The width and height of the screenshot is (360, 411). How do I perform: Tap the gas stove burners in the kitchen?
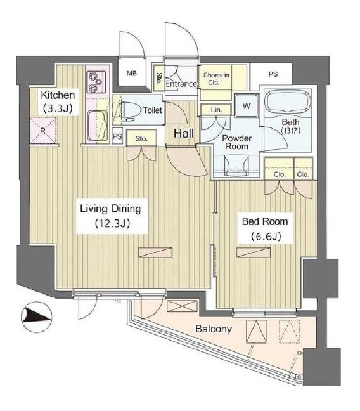[96, 82]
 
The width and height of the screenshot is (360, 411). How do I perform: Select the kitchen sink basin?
[98, 126]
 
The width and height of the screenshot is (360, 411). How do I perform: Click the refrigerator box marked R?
[43, 131]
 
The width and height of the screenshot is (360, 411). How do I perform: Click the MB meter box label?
[132, 74]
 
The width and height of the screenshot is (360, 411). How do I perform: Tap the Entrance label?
[181, 84]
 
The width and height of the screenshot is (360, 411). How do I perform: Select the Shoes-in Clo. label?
[216, 79]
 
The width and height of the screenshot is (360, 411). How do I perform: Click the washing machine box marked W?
[247, 106]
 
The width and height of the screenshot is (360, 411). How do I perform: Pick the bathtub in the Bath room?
[287, 101]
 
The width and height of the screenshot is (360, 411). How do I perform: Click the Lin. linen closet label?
[216, 110]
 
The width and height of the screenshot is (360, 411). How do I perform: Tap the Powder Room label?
[237, 142]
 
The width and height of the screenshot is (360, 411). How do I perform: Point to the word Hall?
[184, 133]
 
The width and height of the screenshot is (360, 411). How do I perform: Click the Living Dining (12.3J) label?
[111, 216]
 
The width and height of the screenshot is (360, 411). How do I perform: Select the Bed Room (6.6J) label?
[265, 229]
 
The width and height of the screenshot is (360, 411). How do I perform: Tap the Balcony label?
[214, 329]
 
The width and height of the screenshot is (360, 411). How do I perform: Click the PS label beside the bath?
[273, 74]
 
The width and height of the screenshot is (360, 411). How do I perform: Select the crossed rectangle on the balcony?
[182, 306]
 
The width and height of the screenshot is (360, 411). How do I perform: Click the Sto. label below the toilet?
[142, 138]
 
